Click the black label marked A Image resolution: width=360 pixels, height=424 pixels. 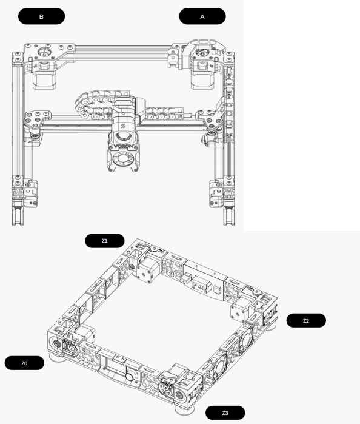point(202,16)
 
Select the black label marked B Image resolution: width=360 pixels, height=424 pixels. point(41,16)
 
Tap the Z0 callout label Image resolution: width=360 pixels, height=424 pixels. point(24,363)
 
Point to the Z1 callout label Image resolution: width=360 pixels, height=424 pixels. point(105,241)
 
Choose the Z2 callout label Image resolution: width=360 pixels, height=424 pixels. point(306,320)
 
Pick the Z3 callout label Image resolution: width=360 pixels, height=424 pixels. point(225,413)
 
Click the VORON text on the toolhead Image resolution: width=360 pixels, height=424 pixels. point(124,146)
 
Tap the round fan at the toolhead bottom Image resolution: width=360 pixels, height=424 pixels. point(123,159)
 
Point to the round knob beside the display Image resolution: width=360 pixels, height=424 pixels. point(130,375)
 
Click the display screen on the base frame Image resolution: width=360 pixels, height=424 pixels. point(115,369)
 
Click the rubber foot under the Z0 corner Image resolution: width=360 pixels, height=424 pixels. point(58,357)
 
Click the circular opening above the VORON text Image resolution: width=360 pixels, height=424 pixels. point(123,137)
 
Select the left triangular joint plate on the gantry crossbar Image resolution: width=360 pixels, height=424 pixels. point(36,119)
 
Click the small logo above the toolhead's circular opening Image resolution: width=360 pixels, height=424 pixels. point(123,126)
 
